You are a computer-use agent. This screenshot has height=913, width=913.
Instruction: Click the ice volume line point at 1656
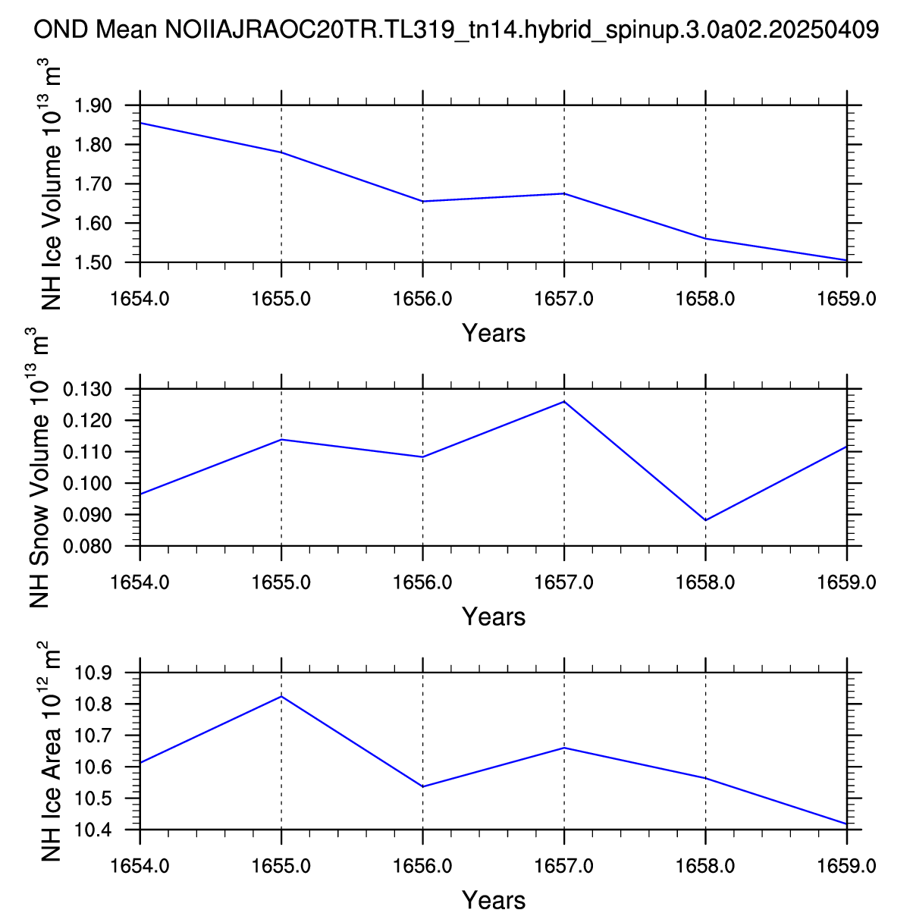click(x=422, y=201)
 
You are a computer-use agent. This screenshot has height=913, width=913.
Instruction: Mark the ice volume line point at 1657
click(x=564, y=193)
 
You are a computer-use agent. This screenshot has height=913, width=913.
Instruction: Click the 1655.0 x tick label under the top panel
click(x=281, y=299)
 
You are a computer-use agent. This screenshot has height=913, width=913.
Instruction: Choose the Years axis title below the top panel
click(x=494, y=333)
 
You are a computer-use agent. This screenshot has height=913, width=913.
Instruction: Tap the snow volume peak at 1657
click(x=564, y=401)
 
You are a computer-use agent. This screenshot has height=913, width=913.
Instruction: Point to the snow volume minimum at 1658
click(x=706, y=520)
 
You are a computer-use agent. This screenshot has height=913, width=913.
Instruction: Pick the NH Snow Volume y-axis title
click(x=39, y=468)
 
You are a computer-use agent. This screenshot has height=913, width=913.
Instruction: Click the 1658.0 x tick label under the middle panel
click(x=706, y=582)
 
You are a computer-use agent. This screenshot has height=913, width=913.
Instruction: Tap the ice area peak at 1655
click(x=281, y=696)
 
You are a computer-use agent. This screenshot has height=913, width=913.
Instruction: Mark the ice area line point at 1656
click(x=422, y=786)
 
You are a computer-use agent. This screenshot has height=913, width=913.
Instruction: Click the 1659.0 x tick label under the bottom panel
click(x=847, y=866)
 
